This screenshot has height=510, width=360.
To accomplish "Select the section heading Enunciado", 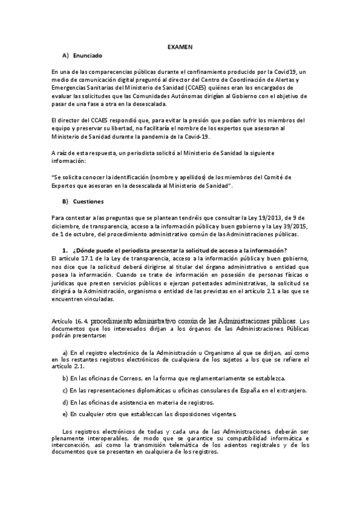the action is [x=88, y=56].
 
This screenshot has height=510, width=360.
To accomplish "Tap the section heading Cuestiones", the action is [x=89, y=201].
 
